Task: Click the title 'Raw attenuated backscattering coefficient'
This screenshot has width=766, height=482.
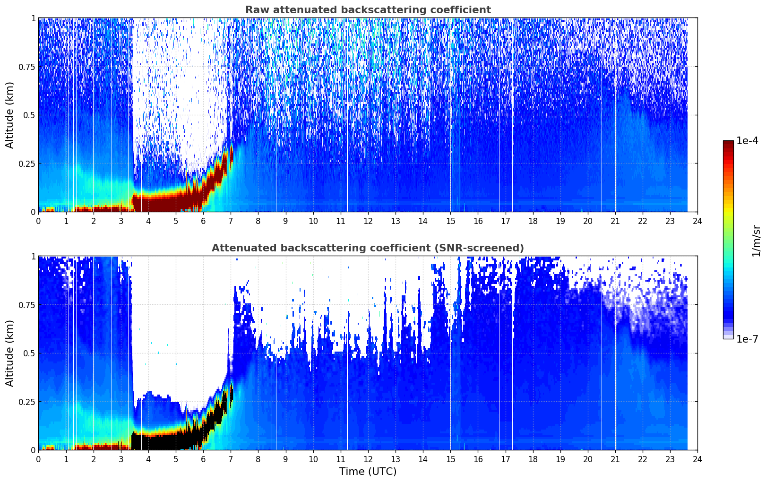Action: [x=368, y=9]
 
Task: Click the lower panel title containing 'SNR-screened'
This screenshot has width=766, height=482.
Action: [x=368, y=248]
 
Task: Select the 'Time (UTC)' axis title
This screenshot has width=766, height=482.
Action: [x=368, y=472]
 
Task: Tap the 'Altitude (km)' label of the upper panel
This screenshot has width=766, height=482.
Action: [x=9, y=115]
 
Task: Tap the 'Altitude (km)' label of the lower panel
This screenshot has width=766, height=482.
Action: [x=9, y=353]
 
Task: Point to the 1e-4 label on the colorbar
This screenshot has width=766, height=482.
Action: [x=747, y=140]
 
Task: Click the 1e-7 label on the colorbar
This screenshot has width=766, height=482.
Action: [x=747, y=339]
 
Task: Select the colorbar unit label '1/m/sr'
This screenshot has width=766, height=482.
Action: [x=757, y=241]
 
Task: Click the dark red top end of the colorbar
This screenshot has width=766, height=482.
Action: [x=728, y=143]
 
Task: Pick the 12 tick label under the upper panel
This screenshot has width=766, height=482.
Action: [x=368, y=221]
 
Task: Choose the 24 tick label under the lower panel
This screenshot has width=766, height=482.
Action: [x=697, y=459]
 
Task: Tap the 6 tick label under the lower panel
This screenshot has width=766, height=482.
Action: [x=203, y=459]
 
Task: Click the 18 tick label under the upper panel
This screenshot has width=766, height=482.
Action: [x=533, y=221]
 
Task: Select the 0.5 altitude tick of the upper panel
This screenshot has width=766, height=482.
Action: [x=29, y=115]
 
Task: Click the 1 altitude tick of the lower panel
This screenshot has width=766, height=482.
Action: [x=34, y=257]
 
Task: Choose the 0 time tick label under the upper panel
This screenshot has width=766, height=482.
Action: [x=38, y=221]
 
